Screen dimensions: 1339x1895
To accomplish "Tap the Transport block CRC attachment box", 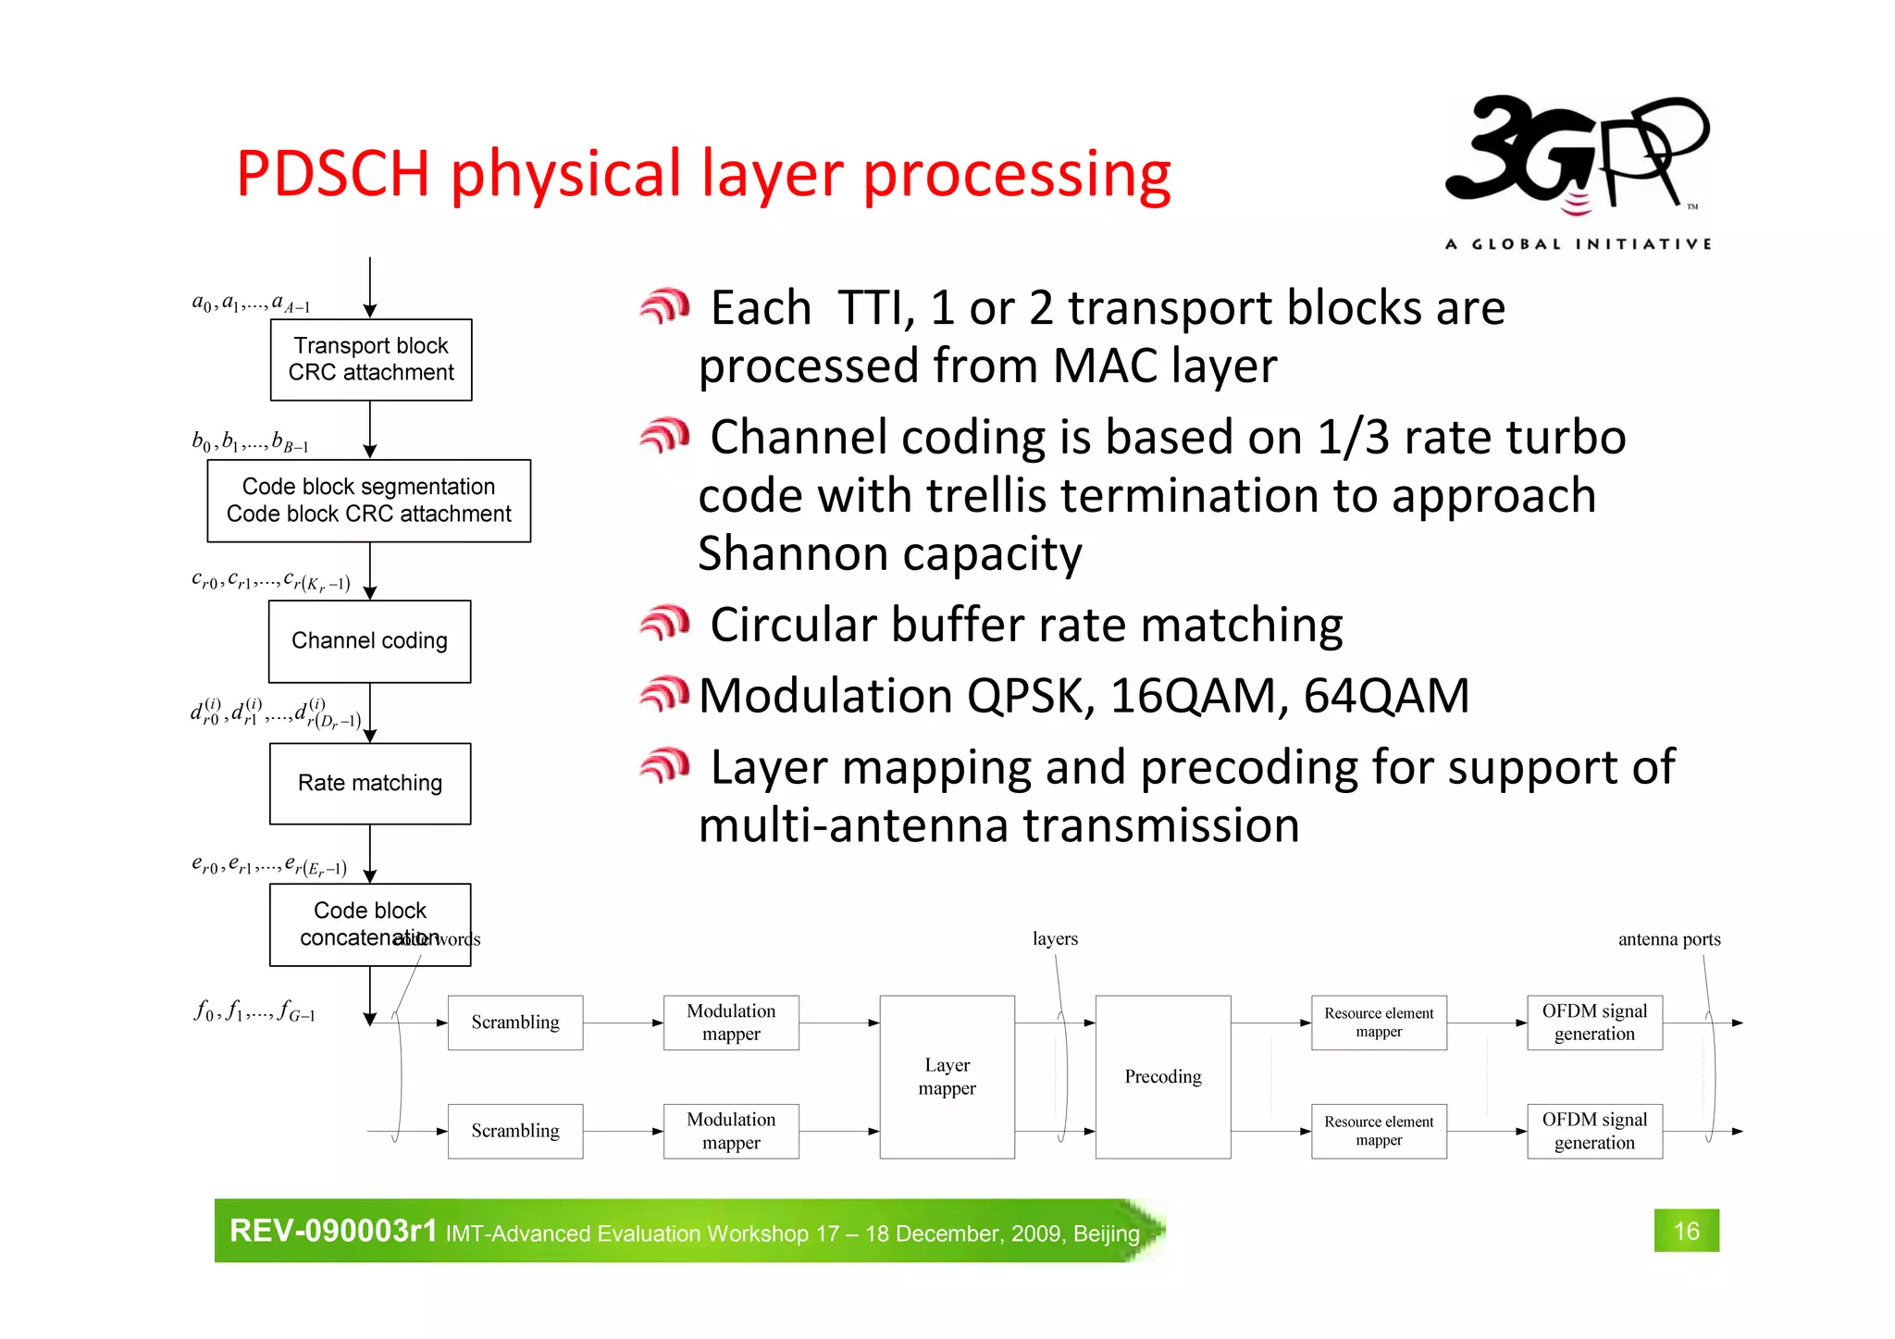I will point(371,359).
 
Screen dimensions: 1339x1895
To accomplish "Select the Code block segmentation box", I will point(368,501).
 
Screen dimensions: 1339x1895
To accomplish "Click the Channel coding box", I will point(369,641).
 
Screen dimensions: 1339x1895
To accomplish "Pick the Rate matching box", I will point(370,783).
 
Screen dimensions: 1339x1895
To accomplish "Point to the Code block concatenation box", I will point(370,924).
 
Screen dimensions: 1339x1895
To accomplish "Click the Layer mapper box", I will point(947,1076).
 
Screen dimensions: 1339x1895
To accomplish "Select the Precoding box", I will point(1163,1076).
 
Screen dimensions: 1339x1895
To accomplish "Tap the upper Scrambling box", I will point(515,1023).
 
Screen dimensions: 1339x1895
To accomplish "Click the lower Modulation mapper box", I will point(731,1131).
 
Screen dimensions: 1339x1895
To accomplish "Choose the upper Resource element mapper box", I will point(1379,1023).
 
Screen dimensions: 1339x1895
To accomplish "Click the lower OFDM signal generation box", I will point(1594,1131).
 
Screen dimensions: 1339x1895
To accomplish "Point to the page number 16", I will point(1686,1231).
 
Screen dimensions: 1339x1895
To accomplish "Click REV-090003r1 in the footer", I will point(333,1231).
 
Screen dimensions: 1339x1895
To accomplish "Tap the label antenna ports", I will point(1669,939).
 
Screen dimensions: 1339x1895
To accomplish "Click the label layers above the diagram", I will point(1055,938).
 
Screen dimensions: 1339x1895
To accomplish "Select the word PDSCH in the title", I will point(333,174).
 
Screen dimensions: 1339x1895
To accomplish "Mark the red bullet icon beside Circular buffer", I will point(664,624).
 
